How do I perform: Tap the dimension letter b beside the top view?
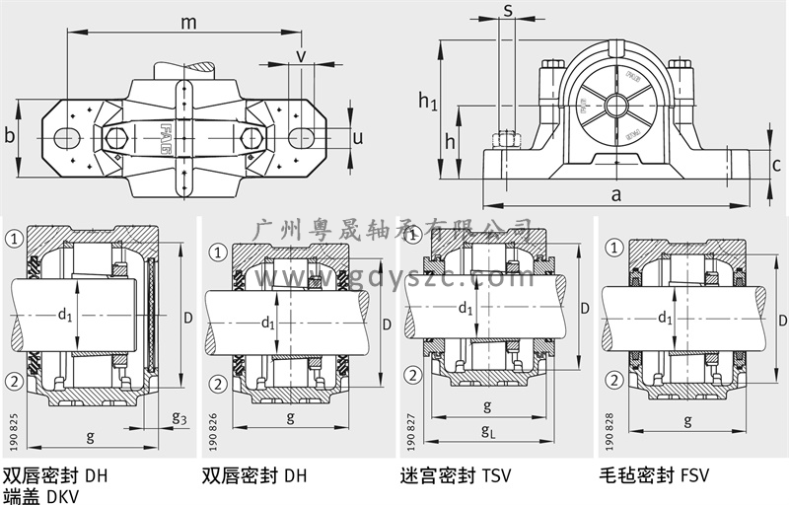point(10,136)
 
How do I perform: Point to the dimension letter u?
point(357,137)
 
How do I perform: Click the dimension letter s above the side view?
point(508,10)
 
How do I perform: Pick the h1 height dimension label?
point(426,100)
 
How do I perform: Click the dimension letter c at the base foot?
point(777,165)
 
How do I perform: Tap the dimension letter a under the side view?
point(616,193)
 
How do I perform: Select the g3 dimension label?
point(178,418)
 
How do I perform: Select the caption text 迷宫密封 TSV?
point(457,475)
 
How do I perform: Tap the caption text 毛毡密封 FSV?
point(654,475)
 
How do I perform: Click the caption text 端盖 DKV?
point(44,495)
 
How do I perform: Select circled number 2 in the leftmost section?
point(14,382)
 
